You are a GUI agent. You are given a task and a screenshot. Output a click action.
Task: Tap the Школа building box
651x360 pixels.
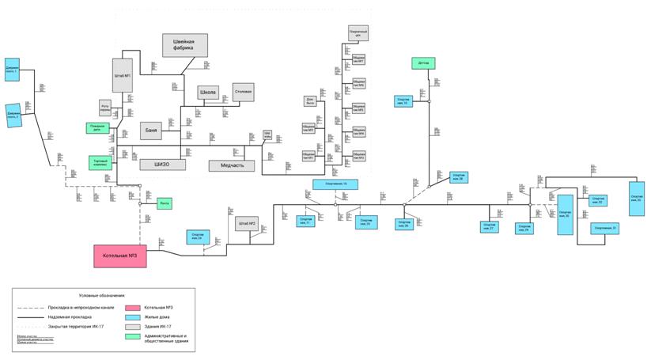pyautogui.click(x=208, y=92)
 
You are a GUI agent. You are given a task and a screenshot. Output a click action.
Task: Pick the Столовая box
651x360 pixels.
pyautogui.click(x=243, y=92)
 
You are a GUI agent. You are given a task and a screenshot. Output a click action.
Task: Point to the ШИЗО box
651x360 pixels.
pyautogui.click(x=163, y=165)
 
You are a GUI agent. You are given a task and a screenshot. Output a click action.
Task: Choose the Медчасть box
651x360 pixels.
pyautogui.click(x=232, y=165)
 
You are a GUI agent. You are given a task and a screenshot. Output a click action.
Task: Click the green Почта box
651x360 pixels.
pyautogui.click(x=164, y=203)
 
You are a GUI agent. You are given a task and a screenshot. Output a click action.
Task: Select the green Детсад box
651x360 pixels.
pyautogui.click(x=423, y=63)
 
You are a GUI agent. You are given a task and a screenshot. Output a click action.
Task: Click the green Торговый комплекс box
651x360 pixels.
pyautogui.click(x=100, y=162)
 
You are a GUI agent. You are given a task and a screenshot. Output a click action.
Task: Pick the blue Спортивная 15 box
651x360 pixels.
pyautogui.click(x=335, y=184)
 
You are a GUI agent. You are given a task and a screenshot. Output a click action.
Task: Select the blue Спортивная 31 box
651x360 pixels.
pyautogui.click(x=605, y=229)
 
